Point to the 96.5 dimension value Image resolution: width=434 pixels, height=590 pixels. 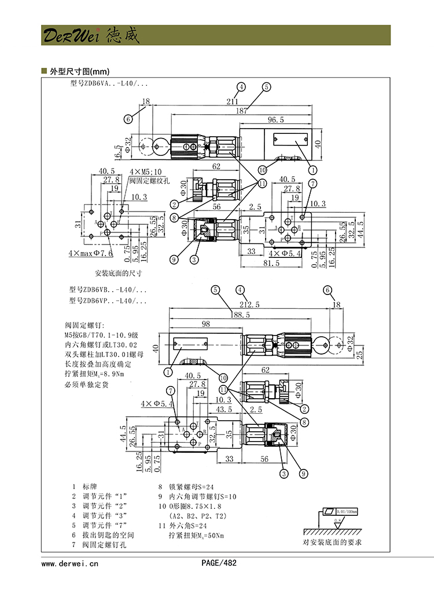click(x=275, y=120)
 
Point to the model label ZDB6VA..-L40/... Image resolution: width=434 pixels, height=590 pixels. click(x=108, y=84)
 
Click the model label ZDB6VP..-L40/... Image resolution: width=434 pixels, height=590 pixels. click(x=108, y=301)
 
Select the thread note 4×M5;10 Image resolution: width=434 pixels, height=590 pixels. click(x=146, y=172)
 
